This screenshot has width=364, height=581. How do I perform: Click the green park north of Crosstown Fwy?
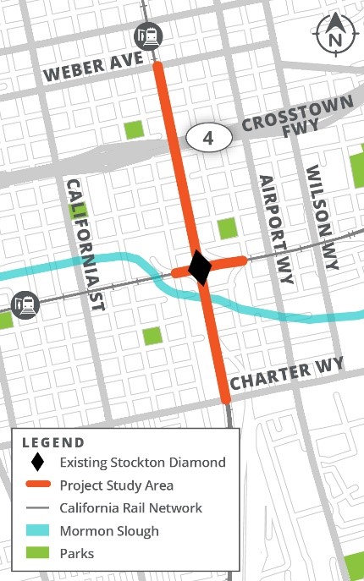tap(134, 129)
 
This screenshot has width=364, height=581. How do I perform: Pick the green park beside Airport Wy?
tap(227, 228)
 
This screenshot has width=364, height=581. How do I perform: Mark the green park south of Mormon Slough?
tap(152, 335)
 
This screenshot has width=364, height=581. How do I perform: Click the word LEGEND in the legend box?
tap(53, 441)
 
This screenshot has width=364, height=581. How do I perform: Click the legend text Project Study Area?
tap(116, 485)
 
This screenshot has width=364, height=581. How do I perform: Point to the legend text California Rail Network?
tap(131, 508)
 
